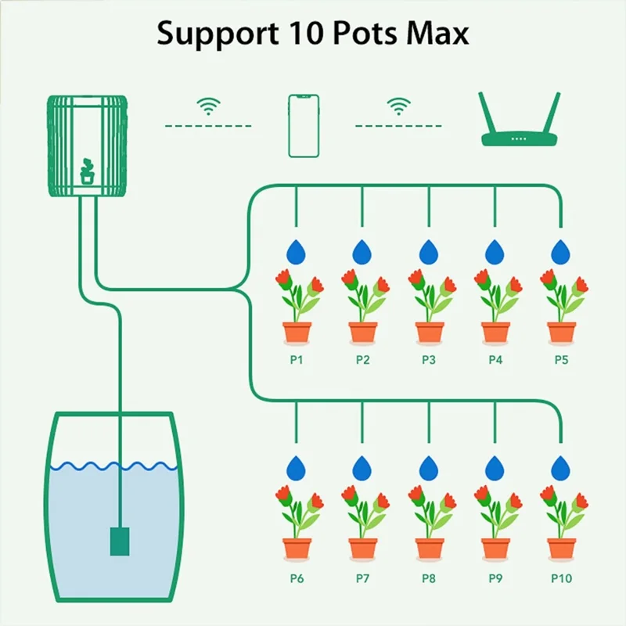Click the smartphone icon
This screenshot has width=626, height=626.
304,126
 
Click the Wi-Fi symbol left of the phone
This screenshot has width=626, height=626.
207,106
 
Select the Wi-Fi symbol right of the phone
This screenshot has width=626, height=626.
400,106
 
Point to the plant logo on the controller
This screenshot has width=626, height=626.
87,171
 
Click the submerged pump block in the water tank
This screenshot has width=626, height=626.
118,539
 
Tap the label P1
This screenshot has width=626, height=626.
297,360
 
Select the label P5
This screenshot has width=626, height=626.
560,360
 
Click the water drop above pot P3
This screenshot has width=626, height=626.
428,252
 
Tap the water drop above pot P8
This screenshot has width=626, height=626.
428,468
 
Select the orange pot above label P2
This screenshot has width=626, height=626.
362,332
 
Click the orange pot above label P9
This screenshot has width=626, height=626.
495,548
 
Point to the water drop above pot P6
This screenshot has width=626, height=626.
297,468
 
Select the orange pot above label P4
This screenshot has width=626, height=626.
495,332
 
